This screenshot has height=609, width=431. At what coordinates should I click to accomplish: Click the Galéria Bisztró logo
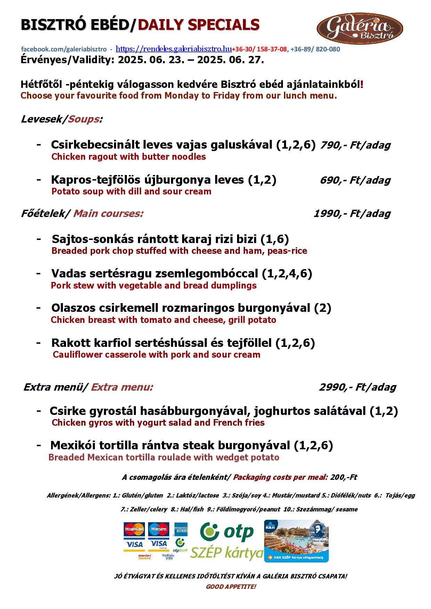(359, 28)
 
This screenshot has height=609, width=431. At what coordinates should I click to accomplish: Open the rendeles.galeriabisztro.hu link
(173, 49)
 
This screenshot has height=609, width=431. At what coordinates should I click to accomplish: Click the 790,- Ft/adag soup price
(355, 145)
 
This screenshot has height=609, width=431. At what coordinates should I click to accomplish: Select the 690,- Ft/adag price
(355, 180)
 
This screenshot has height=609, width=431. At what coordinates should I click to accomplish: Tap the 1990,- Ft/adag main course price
(352, 214)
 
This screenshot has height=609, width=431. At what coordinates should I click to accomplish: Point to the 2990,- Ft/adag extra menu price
(357, 387)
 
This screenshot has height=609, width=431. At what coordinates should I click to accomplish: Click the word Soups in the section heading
(83, 119)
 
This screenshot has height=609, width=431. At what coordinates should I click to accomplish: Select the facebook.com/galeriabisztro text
(64, 49)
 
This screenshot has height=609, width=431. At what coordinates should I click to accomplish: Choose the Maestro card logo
(158, 529)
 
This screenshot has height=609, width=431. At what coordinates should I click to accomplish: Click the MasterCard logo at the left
(134, 529)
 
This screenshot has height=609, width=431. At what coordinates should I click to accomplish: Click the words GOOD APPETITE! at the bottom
(231, 587)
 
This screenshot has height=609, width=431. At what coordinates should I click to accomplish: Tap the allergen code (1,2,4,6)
(287, 274)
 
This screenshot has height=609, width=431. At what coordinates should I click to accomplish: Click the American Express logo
(181, 527)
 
